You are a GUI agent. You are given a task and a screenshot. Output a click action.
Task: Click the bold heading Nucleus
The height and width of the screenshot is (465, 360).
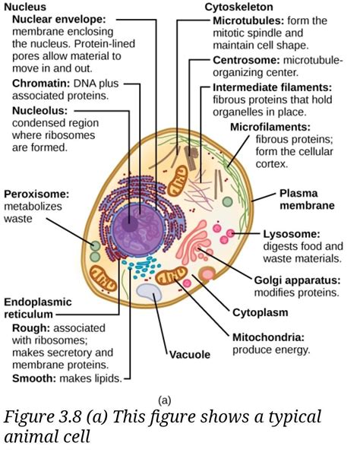point(25,7)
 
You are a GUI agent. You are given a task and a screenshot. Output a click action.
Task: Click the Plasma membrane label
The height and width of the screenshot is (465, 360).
point(307,199)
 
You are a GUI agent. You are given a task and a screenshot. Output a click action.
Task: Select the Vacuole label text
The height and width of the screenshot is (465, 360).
point(189,354)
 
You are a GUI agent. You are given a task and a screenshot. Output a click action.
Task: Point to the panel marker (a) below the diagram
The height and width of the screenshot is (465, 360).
point(166,400)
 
